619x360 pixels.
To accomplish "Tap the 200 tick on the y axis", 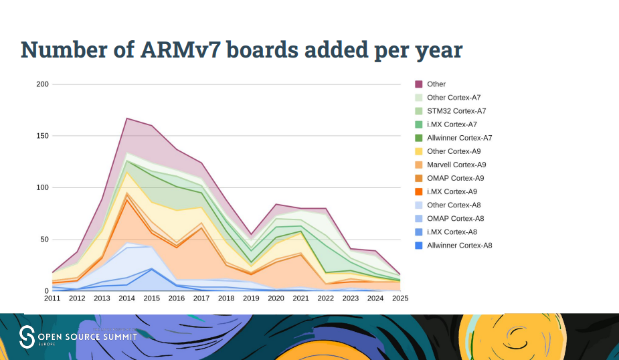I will click(x=43, y=84).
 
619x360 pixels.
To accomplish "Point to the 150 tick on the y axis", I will click(x=43, y=136).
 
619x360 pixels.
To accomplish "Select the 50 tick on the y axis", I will click(x=45, y=240).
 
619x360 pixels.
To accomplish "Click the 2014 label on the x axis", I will click(x=126, y=298).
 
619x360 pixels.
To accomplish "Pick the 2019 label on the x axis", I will click(x=251, y=298).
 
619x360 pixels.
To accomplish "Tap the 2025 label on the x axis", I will click(x=400, y=298).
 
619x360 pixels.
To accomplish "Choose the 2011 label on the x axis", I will click(x=52, y=298).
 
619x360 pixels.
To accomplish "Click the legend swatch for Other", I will click(x=419, y=84).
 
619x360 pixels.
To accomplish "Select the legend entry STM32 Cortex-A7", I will click(x=456, y=111).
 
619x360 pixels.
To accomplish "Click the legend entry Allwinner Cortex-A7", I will click(x=460, y=138).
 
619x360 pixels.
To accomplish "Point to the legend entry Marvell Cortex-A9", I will click(x=456, y=165).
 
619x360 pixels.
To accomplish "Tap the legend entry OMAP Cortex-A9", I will click(x=455, y=178).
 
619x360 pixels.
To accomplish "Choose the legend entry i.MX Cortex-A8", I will click(x=452, y=232).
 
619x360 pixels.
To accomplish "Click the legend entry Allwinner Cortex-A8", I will click(x=459, y=245).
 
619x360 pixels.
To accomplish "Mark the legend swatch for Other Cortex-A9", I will click(x=419, y=151).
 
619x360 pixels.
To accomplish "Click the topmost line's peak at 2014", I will click(x=126, y=118).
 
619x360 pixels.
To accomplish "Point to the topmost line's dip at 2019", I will click(x=251, y=234).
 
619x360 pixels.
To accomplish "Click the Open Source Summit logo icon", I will click(x=27, y=337).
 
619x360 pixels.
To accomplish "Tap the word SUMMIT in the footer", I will click(x=118, y=336).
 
